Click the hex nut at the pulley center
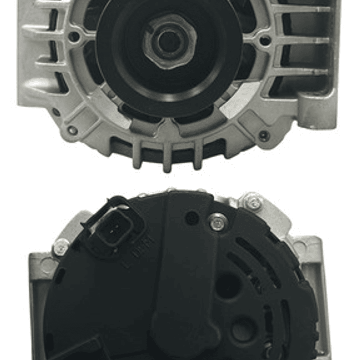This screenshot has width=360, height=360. [169, 41]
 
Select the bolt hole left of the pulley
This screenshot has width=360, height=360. [74, 36]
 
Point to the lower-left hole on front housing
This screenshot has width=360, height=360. [72, 130]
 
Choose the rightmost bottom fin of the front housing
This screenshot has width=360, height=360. [198, 155]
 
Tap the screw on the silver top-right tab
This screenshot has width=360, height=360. [254, 202]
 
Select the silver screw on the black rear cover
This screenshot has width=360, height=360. [217, 222]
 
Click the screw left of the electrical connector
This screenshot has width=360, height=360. [61, 246]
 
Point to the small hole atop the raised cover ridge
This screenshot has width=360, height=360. [191, 217]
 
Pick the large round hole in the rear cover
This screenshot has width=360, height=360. [227, 286]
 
